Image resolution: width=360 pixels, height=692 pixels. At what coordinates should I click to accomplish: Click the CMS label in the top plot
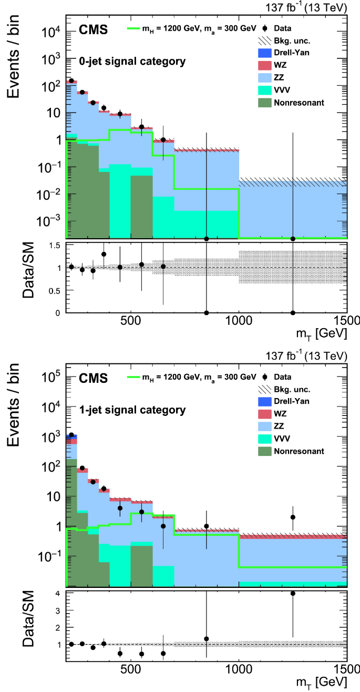(94, 30)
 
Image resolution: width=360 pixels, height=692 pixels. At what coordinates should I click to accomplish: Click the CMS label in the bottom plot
(94, 378)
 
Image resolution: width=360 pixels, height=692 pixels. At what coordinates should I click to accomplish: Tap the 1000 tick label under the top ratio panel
(239, 322)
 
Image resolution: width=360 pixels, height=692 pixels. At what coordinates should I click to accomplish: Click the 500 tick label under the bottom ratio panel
(131, 669)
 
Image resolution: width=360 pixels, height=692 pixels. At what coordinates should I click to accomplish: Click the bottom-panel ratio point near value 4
(293, 593)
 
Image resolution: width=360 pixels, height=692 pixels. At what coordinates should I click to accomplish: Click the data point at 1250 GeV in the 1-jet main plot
(293, 517)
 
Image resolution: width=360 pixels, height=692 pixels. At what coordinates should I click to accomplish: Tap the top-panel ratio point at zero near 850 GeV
(207, 312)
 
